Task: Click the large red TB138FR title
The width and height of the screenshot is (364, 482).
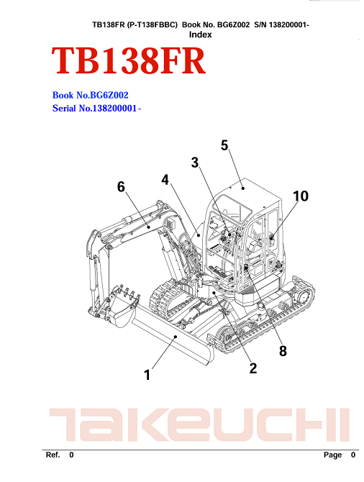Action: pos(128,60)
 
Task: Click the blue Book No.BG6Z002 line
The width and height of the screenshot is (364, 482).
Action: pos(90,95)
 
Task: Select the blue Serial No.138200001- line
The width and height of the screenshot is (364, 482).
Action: pos(96,108)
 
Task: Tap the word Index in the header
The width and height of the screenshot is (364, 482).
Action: pos(200,35)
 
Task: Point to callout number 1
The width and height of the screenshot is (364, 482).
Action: pos(147,375)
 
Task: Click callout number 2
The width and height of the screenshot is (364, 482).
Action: pos(252,368)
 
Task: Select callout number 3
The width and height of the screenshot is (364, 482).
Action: pos(195,163)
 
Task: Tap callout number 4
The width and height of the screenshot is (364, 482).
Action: pos(165,180)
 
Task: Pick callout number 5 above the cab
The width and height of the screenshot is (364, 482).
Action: pos(224,145)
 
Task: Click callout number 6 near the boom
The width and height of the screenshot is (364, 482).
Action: pos(121,186)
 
